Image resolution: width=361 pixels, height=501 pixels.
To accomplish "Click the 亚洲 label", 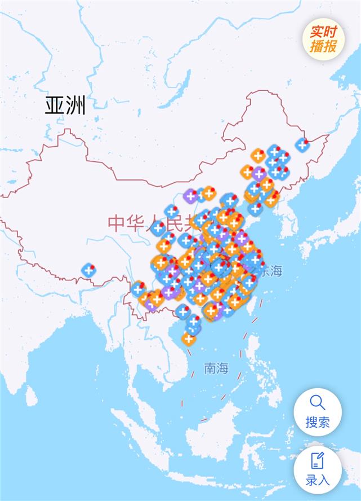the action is [x=65, y=106].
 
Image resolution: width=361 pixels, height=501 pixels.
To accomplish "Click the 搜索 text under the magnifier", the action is [x=318, y=422].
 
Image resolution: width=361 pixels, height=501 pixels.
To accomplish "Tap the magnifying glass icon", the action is [x=318, y=402].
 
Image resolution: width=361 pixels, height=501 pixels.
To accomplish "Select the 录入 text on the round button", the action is [x=318, y=480].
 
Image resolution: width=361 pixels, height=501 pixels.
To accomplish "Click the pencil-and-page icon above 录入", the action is [x=318, y=460].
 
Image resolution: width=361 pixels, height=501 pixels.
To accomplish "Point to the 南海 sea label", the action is [x=216, y=369].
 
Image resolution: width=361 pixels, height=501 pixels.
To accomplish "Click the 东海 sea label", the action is [x=270, y=271].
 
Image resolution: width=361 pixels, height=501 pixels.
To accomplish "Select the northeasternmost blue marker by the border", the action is [x=302, y=144].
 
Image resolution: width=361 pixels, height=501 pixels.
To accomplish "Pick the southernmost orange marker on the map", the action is [x=188, y=339].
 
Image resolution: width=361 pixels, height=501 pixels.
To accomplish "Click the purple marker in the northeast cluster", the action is [x=259, y=173].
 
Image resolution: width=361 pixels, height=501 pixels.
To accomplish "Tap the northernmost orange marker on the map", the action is [x=258, y=155].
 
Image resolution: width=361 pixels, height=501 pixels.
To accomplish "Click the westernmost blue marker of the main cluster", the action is [x=139, y=289].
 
